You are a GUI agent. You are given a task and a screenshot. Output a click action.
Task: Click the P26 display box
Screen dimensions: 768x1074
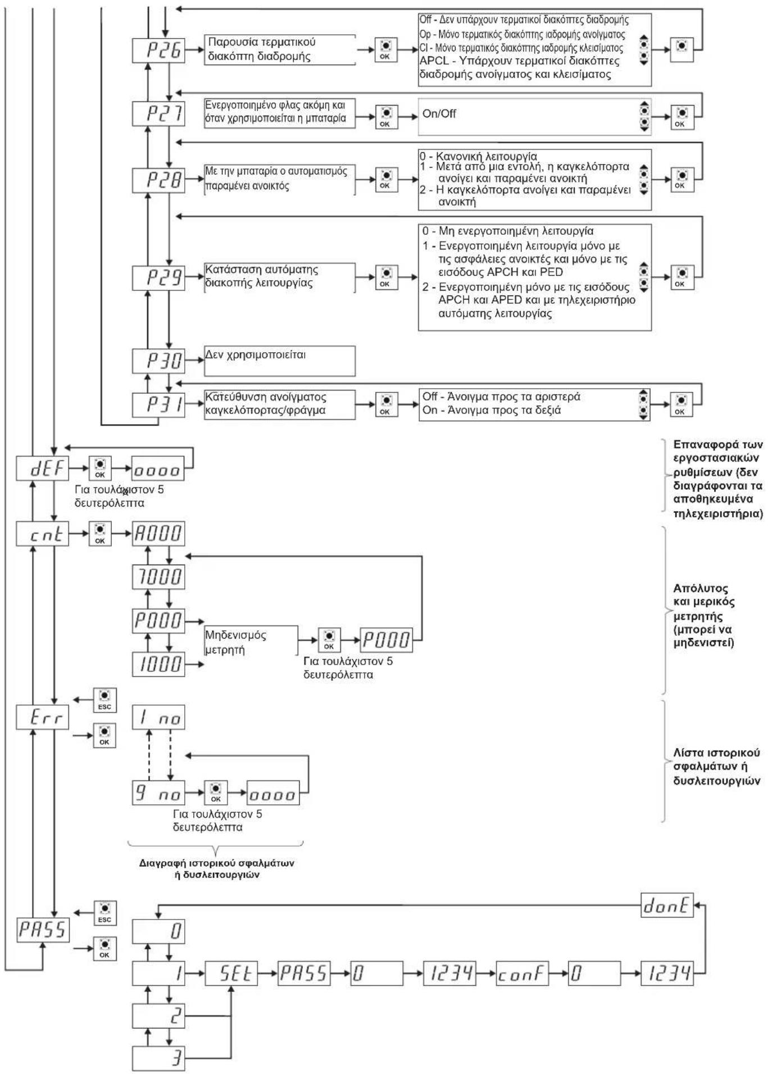coord(158,51)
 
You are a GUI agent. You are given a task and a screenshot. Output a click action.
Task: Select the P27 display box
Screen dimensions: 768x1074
coord(158,113)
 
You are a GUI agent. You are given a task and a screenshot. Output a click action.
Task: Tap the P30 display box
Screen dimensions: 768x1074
coord(158,361)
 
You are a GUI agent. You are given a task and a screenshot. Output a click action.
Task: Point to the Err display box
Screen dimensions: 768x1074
coord(42,717)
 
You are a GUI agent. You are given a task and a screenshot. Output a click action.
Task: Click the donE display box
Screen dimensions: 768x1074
coord(667,905)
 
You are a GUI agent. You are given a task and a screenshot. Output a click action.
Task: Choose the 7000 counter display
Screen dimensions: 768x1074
coord(158,577)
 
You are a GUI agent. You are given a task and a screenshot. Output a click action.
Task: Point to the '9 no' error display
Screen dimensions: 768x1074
coord(158,793)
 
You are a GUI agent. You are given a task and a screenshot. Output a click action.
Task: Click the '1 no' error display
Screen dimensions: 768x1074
coord(158,717)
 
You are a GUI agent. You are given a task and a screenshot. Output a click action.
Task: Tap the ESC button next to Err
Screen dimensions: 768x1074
coord(104,700)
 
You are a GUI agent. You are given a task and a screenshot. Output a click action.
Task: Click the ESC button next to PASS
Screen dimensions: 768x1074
coord(104,913)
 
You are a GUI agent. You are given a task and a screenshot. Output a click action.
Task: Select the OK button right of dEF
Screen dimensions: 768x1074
coord(100,468)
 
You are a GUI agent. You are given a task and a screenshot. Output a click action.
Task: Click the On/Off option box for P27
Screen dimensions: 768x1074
coord(534,117)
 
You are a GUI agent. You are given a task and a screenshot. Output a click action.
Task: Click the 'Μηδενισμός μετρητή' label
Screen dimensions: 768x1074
coord(235,642)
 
